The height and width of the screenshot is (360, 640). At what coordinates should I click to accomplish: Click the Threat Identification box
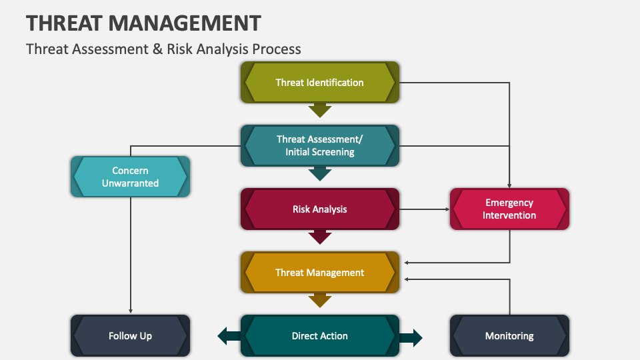click(x=320, y=83)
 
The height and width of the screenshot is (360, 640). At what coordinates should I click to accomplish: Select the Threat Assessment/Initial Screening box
click(x=320, y=146)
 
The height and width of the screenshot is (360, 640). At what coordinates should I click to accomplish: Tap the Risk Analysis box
click(x=320, y=209)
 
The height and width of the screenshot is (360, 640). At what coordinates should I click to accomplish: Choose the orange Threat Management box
click(x=320, y=273)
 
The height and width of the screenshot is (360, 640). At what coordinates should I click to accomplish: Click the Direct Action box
click(x=320, y=336)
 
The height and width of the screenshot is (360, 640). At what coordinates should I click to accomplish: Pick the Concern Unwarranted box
click(x=130, y=177)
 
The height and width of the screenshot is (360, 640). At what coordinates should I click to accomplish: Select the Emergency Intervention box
click(x=509, y=209)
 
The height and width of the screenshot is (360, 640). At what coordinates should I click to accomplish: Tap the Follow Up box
click(x=130, y=336)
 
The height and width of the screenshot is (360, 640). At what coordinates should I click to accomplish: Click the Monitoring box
click(x=509, y=336)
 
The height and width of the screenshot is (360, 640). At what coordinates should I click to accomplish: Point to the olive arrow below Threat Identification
click(x=320, y=110)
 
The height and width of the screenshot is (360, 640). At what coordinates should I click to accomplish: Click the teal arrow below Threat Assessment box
click(x=320, y=173)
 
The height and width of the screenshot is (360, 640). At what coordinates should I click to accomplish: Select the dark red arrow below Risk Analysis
click(x=320, y=237)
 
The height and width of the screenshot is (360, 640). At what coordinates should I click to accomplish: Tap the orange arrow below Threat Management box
click(x=320, y=300)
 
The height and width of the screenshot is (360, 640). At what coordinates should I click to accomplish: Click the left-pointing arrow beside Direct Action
click(x=229, y=337)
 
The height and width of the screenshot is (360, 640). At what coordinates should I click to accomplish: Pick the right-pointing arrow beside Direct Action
click(x=411, y=337)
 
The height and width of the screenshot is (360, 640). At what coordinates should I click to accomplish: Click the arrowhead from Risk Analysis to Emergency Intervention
click(x=447, y=209)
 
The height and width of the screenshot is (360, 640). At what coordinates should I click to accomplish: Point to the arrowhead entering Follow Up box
click(x=130, y=311)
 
